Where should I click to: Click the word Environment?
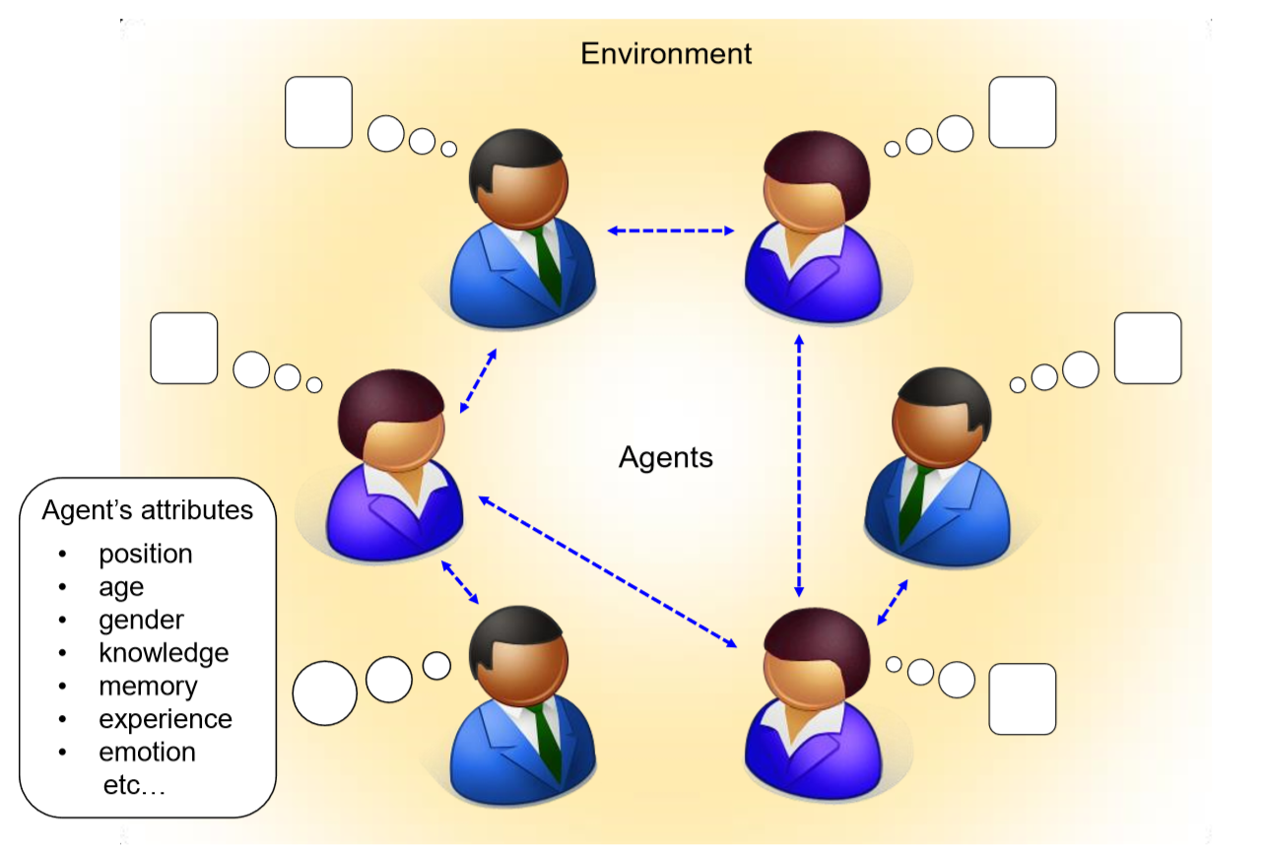[x=666, y=53]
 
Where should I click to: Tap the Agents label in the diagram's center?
[x=666, y=457]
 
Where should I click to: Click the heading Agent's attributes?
[x=147, y=510]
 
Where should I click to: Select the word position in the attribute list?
[x=146, y=554]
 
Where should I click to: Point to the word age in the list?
[x=121, y=587]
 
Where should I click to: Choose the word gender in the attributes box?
[x=141, y=620]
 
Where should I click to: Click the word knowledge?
[x=164, y=652]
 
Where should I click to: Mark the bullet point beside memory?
[x=63, y=687]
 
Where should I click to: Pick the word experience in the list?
[x=166, y=719]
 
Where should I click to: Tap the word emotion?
[x=147, y=753]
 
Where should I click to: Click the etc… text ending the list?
[x=130, y=785]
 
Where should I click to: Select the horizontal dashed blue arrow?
[x=671, y=231]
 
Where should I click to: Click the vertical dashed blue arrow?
[x=799, y=466]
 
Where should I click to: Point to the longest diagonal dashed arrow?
[x=608, y=573]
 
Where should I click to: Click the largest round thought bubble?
[x=325, y=693]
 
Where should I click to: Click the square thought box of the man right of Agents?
[x=1147, y=348]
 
